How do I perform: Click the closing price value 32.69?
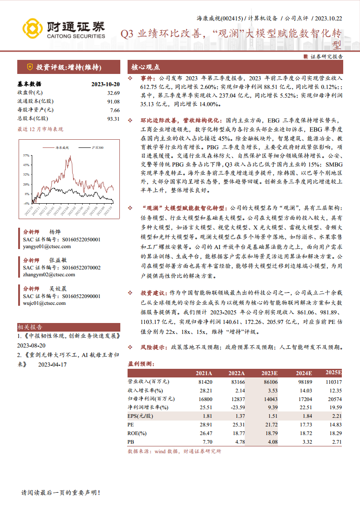click(113, 93)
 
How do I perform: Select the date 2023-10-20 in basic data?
click(105, 84)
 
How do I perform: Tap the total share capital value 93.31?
click(113, 118)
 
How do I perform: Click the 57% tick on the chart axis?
click(26, 155)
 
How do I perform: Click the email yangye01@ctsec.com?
click(47, 246)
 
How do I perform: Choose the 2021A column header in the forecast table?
click(203, 373)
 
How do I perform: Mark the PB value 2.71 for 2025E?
click(336, 441)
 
